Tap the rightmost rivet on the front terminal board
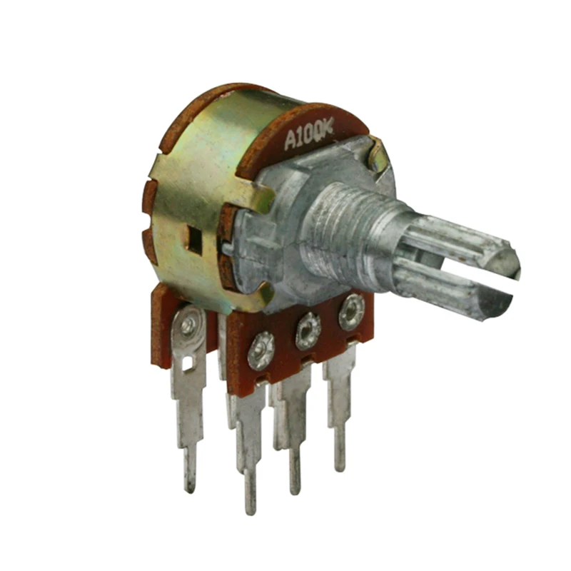pos(351,312)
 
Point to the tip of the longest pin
pos(250,508)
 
